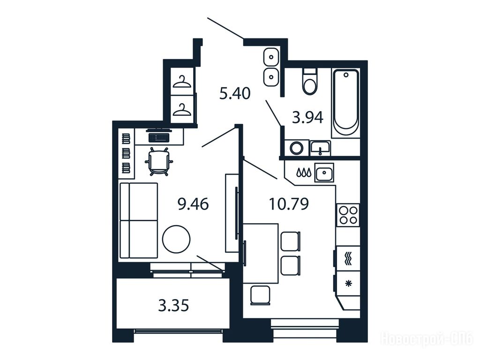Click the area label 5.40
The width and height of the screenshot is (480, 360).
(x=235, y=93)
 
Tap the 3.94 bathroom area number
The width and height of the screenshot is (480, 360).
(x=307, y=117)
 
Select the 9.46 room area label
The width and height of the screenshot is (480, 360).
(x=193, y=204)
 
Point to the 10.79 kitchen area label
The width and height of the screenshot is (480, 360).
(x=289, y=204)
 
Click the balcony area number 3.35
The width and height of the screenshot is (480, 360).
(x=173, y=305)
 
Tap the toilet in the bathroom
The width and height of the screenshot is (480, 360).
(x=310, y=82)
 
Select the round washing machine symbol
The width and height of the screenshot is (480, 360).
(x=296, y=149)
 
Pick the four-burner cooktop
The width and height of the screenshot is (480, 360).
(x=348, y=215)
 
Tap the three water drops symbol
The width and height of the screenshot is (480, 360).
(x=304, y=172)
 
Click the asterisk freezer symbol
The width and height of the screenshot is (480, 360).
(x=348, y=284)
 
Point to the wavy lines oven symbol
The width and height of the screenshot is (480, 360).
(x=348, y=259)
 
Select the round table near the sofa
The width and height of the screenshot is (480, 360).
(x=176, y=239)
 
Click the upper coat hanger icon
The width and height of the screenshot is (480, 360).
(x=182, y=82)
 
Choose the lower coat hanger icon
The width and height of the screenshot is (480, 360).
(x=182, y=110)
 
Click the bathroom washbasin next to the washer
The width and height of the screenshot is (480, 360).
(x=320, y=148)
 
